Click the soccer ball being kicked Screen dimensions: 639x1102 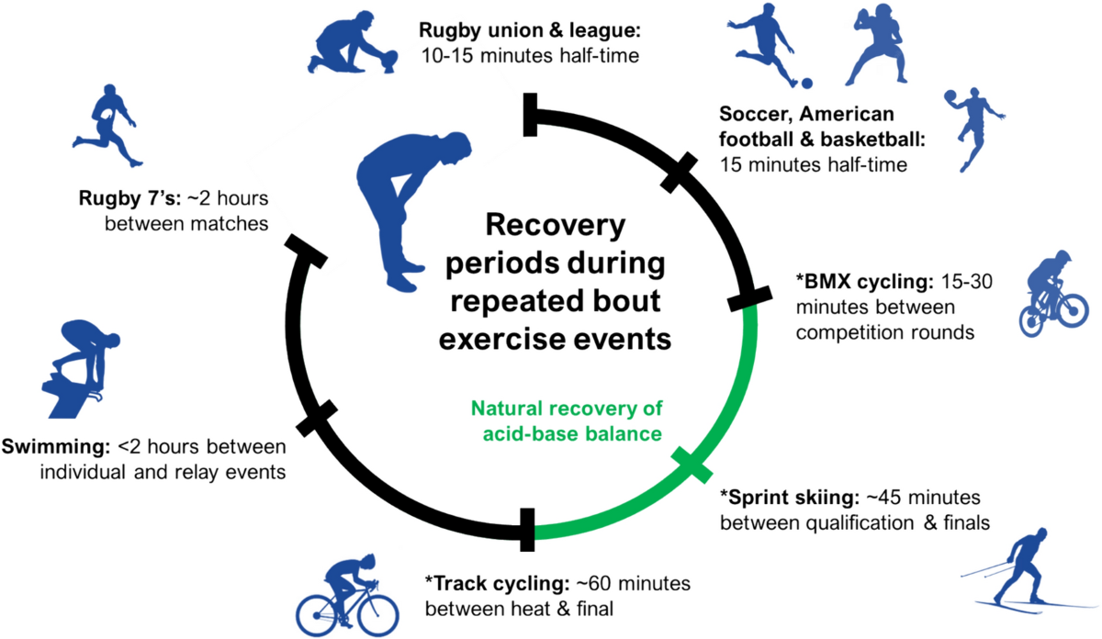(807, 84)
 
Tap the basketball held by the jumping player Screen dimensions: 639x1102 (950, 96)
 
